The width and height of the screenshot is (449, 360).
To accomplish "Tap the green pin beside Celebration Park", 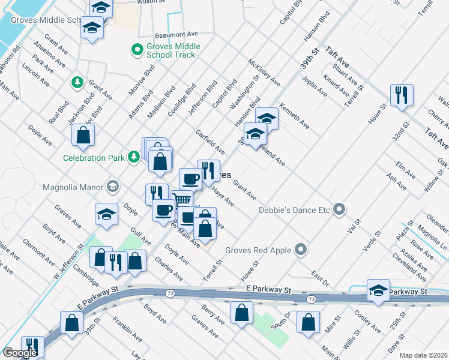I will [134, 157].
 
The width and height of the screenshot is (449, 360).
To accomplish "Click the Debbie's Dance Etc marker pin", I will [339, 209].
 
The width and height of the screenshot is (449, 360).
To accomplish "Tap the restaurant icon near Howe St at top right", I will [401, 95].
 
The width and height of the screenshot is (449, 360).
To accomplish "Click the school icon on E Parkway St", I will [379, 290].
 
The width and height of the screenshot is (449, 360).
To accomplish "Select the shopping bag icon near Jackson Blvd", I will [83, 135].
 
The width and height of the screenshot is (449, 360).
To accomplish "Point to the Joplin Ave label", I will [315, 86].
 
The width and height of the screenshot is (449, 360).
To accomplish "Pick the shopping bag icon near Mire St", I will [308, 321].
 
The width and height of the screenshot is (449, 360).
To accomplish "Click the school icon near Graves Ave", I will [106, 214].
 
